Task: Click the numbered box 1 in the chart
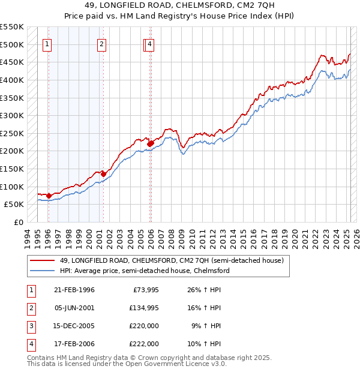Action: click(47, 44)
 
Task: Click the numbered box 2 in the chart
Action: click(102, 44)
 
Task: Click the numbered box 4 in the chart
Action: click(149, 44)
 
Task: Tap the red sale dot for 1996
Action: click(49, 196)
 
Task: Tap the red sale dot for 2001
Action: click(103, 174)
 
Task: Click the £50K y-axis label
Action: click(14, 205)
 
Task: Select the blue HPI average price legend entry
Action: click(144, 271)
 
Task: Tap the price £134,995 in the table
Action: click(143, 308)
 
